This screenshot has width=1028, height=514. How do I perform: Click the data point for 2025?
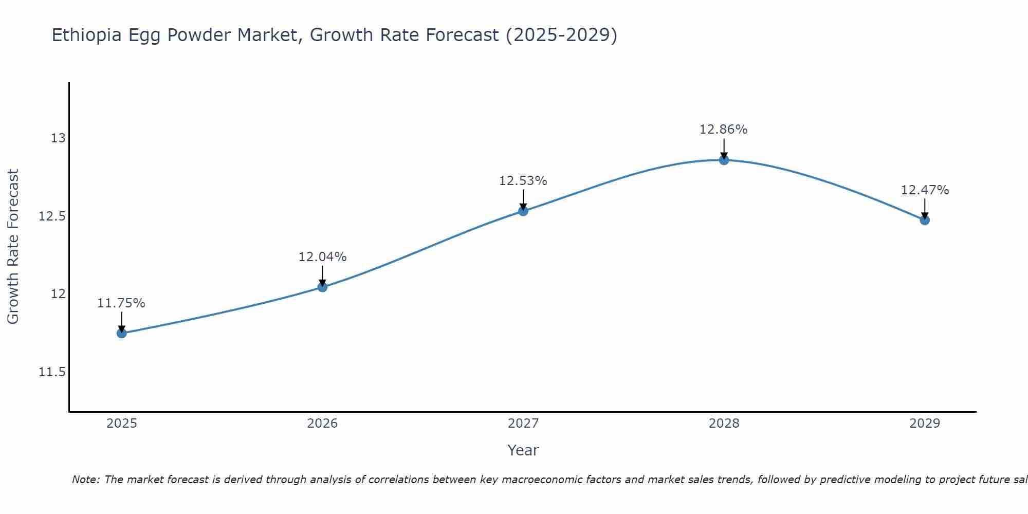(x=122, y=333)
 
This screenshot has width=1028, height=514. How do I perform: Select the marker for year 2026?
(x=322, y=287)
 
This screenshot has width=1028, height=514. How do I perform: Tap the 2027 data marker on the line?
(x=523, y=211)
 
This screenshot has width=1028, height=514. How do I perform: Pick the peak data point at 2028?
(x=724, y=160)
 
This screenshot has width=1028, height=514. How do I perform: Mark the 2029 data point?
(x=925, y=220)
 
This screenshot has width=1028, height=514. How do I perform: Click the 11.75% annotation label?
(x=121, y=303)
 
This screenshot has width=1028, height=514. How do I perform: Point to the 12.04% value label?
(x=322, y=257)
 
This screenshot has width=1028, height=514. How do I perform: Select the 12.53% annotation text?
(x=523, y=181)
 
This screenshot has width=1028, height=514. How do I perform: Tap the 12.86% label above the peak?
(x=723, y=130)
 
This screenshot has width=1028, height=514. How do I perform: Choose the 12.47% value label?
(x=925, y=190)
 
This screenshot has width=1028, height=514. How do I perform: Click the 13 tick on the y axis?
(x=58, y=138)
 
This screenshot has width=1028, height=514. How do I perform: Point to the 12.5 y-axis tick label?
(x=52, y=216)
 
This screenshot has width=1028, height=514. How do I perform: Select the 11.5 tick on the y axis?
(x=52, y=372)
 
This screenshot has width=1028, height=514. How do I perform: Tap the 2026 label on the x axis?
(x=322, y=424)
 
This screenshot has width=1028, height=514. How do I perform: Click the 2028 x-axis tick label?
(x=724, y=424)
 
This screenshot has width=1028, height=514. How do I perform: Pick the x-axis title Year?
(x=523, y=450)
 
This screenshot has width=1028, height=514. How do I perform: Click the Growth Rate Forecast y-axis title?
(x=13, y=247)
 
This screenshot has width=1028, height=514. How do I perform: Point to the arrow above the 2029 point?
(x=925, y=208)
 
